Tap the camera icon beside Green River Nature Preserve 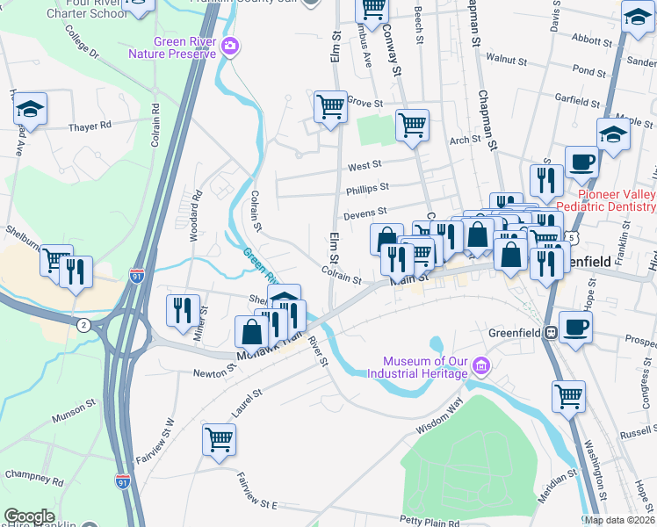point(230,47)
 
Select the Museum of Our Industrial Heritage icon point(480,365)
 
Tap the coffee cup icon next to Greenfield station point(575,327)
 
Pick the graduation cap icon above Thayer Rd point(31,110)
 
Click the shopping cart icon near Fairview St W point(219,438)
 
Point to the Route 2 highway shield point(83,325)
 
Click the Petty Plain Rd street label point(430,523)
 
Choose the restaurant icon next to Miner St point(182,310)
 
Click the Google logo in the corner point(29,516)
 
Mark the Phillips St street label point(367,188)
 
